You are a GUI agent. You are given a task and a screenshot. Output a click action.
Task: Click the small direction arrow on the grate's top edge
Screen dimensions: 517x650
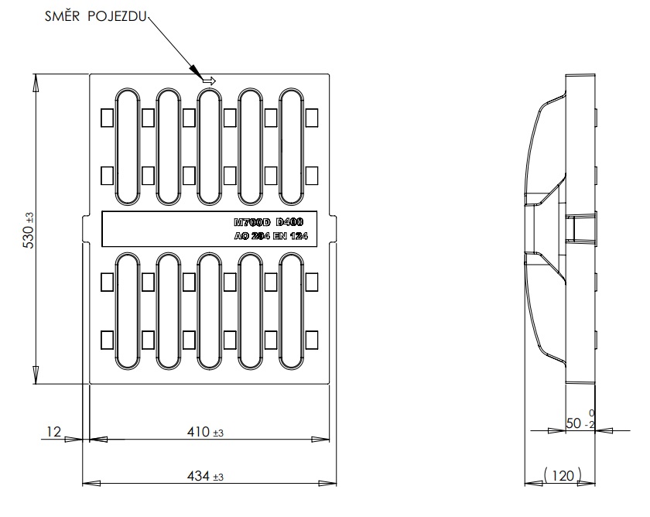tap(208, 79)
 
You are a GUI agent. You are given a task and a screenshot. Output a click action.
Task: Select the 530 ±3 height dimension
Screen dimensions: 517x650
tap(29, 231)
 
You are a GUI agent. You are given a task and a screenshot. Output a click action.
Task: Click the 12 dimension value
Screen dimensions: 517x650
tap(53, 432)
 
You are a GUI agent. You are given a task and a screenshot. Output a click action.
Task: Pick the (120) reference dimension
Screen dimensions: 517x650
tap(563, 475)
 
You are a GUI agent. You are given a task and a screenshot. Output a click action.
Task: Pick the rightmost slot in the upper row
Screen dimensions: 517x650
tap(291, 147)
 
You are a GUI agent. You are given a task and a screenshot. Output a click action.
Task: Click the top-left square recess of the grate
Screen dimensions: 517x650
tap(107, 118)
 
